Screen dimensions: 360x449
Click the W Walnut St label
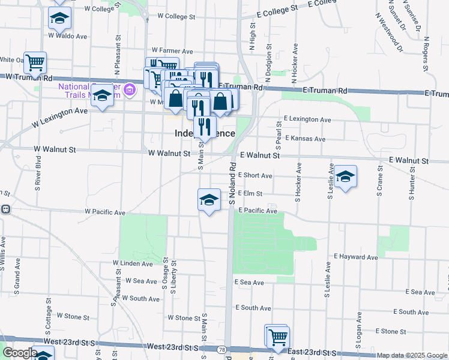171,154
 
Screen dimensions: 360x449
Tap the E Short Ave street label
255,176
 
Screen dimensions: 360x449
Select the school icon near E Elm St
208,200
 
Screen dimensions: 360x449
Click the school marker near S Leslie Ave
345,176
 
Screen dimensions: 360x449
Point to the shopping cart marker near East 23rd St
277,337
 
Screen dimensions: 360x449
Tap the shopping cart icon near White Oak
35,62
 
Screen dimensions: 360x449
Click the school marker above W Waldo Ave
59,19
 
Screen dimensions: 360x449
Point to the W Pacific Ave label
105,212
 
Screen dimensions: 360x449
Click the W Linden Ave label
133,263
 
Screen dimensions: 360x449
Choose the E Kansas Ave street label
305,139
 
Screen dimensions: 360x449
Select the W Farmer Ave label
172,51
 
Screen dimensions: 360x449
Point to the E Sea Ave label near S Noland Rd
249,282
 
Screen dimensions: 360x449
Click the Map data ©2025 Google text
412,355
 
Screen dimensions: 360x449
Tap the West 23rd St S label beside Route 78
172,347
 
